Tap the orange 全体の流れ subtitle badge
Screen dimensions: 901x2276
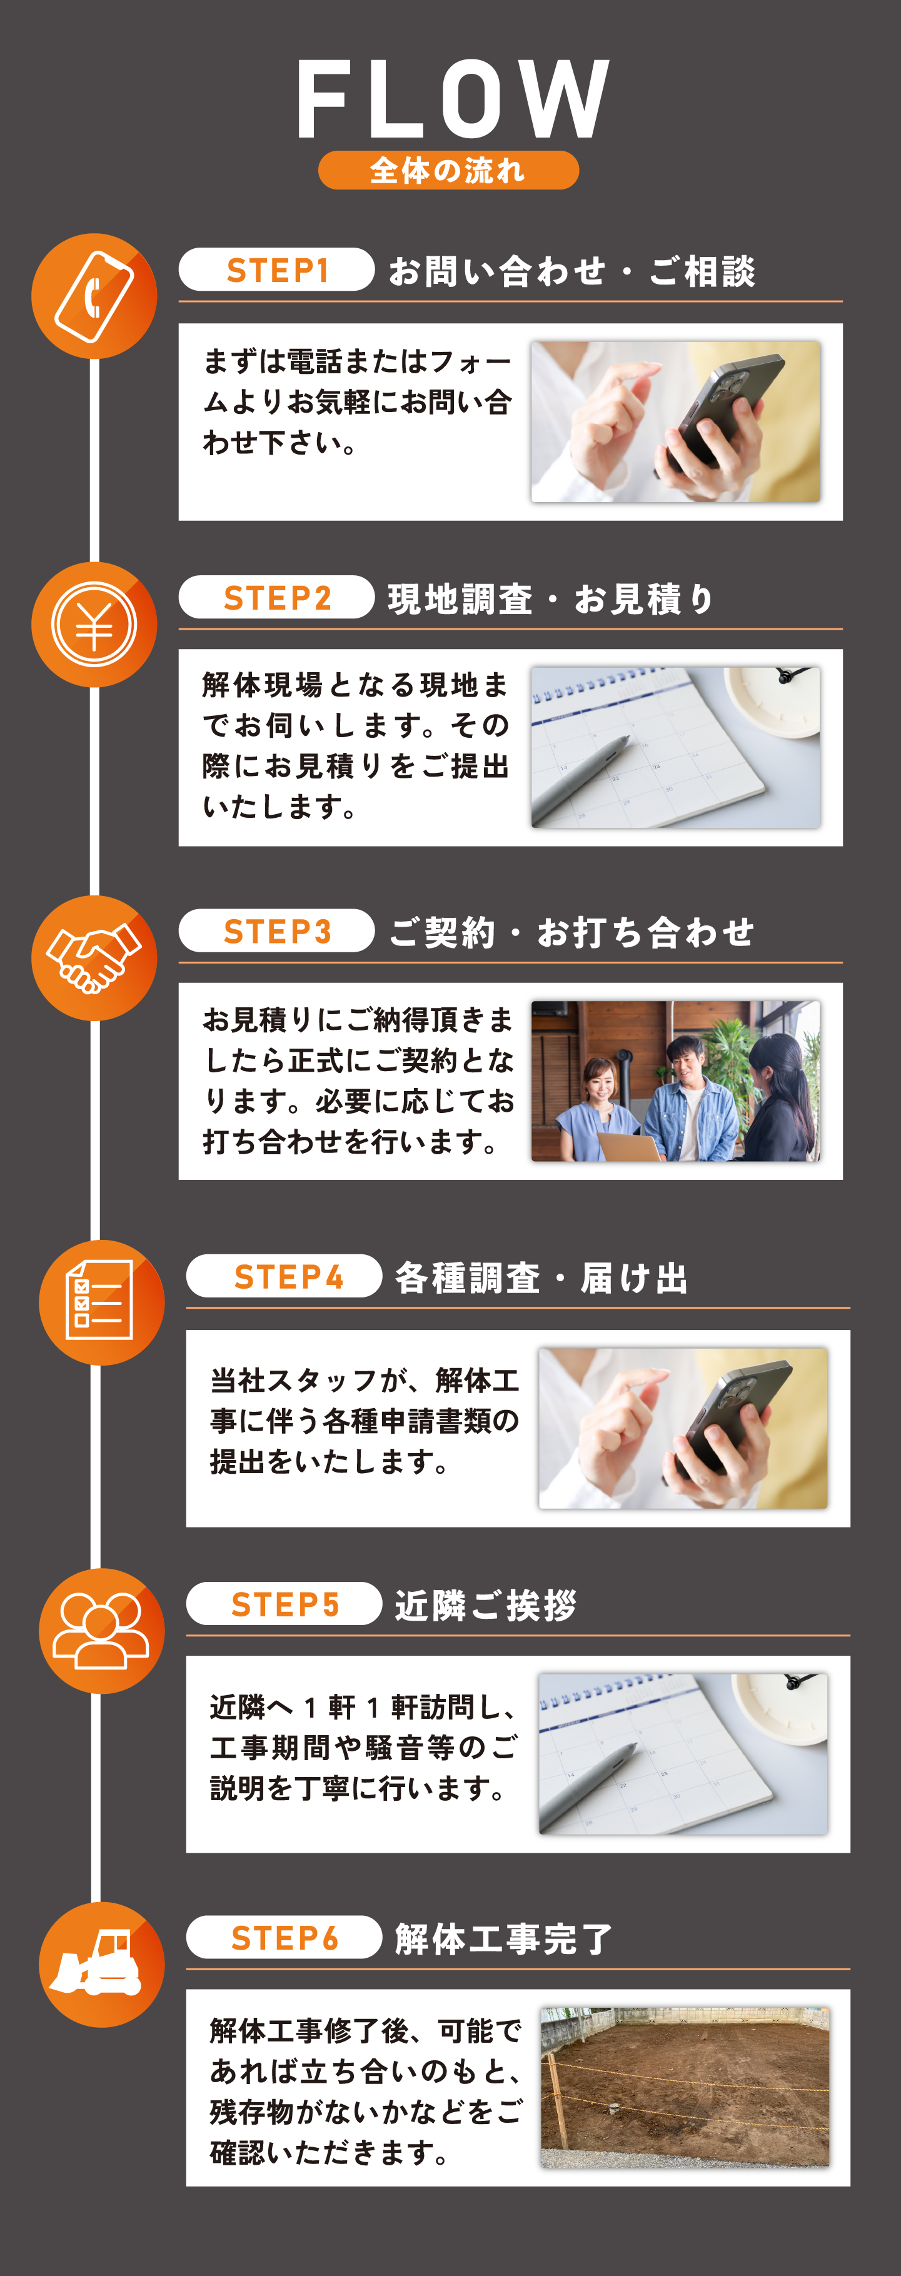coord(449,169)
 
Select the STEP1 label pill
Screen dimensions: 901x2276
coord(276,269)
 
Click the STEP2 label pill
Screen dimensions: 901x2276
coord(276,597)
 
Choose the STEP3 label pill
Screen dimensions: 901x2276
coord(276,930)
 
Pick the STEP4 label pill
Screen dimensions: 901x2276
coord(284,1276)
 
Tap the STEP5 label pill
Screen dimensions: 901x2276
coord(284,1604)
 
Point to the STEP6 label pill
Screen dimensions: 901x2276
coord(284,1938)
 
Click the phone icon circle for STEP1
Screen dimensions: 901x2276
coord(94,296)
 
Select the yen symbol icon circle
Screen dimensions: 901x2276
coord(94,625)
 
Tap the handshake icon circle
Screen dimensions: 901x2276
coord(94,958)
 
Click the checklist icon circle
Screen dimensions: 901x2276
coord(101,1302)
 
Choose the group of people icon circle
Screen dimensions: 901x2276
coord(101,1631)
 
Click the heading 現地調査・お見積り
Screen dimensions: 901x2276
coord(550,599)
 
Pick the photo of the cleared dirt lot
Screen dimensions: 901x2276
coord(685,2087)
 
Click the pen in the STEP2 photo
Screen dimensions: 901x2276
coord(581,779)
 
